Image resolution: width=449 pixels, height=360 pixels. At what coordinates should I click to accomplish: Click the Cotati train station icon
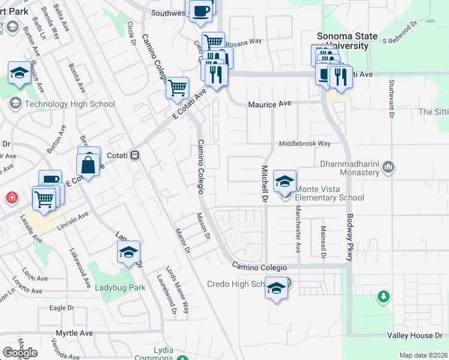pyautogui.click(x=136, y=155)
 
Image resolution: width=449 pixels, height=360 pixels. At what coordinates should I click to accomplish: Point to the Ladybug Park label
pyautogui.click(x=120, y=287)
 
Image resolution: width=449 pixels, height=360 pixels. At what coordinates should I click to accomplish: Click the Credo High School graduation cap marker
pyautogui.click(x=276, y=289)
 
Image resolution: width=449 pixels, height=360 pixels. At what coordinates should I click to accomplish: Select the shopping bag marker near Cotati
pyautogui.click(x=88, y=164)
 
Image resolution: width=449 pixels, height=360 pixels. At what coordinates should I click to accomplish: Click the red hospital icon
pyautogui.click(x=11, y=197)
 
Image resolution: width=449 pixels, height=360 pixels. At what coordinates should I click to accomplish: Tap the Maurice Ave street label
pyautogui.click(x=270, y=104)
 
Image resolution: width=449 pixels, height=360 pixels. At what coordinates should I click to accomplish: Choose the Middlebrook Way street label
pyautogui.click(x=304, y=144)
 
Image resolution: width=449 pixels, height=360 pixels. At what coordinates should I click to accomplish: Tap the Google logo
pyautogui.click(x=20, y=353)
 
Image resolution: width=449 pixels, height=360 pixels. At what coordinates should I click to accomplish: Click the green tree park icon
pyautogui.click(x=383, y=296)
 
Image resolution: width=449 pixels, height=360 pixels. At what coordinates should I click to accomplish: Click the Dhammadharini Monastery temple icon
pyautogui.click(x=389, y=166)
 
